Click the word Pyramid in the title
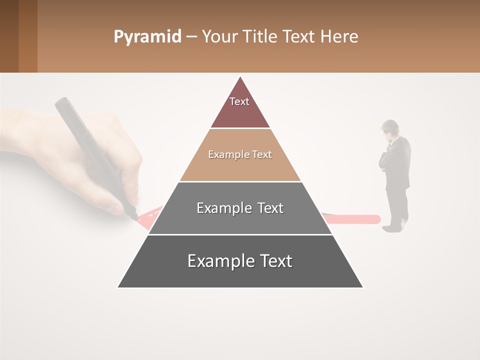pos(147,37)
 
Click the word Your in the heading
pos(219,37)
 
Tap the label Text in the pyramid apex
pos(239,101)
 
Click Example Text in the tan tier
pos(240,154)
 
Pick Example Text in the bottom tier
pos(240,261)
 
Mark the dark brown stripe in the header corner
pos(9,36)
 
